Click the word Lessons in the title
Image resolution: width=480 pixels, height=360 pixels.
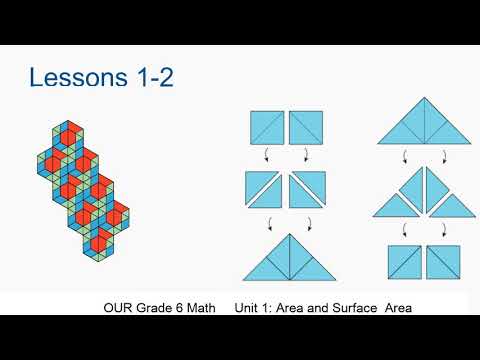[81, 77]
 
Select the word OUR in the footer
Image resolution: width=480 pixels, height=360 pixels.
[119, 306]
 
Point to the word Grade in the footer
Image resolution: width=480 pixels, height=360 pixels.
[156, 306]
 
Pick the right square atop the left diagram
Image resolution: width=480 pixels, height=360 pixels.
[305, 128]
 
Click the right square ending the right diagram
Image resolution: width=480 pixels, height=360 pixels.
[442, 262]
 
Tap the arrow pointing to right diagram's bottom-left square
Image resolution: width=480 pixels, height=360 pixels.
[405, 229]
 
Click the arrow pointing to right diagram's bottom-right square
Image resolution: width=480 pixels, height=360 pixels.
[442, 229]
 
